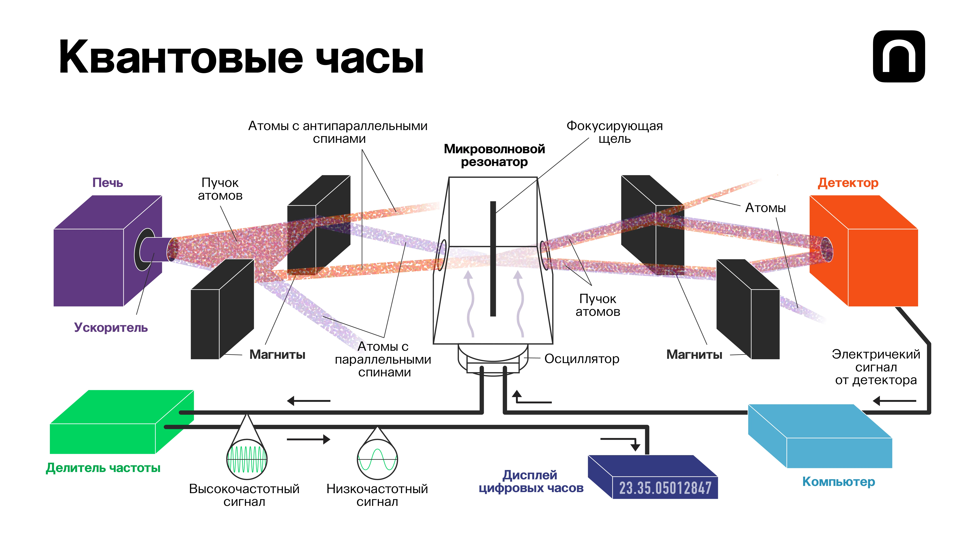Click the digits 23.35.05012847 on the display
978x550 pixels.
(x=665, y=488)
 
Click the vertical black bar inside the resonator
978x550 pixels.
(x=493, y=258)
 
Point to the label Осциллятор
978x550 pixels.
(x=582, y=359)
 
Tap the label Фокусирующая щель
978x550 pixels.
(x=614, y=132)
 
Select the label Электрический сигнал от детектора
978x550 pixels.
(x=876, y=367)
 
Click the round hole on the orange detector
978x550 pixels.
(x=827, y=249)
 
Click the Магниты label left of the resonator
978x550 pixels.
(x=277, y=355)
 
